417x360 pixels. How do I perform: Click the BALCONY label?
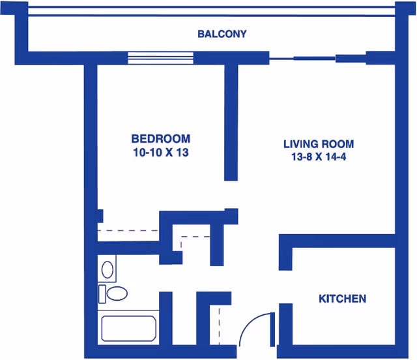click(x=222, y=34)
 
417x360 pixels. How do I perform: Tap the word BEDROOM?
click(x=161, y=139)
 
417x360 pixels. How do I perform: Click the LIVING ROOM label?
click(x=319, y=143)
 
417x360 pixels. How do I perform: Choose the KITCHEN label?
click(x=342, y=299)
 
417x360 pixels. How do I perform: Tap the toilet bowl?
click(x=117, y=293)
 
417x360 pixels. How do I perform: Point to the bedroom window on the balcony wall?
click(x=160, y=58)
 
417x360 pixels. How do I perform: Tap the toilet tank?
click(x=102, y=293)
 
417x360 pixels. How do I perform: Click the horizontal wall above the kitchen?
click(x=339, y=241)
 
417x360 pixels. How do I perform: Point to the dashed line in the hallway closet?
click(x=195, y=236)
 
